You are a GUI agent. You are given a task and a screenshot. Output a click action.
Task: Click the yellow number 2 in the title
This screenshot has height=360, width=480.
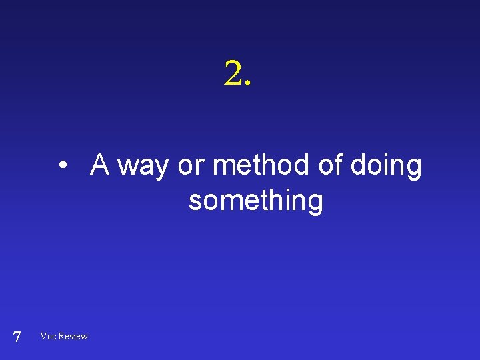pyautogui.click(x=234, y=73)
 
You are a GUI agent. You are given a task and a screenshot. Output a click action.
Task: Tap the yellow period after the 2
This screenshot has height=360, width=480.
pyautogui.click(x=249, y=85)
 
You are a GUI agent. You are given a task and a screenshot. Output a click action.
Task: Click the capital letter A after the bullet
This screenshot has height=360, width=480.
pyautogui.click(x=101, y=165)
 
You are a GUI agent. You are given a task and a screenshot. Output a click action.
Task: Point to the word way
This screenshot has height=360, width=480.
pyautogui.click(x=143, y=167)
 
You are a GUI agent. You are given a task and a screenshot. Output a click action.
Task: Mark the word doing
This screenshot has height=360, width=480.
pyautogui.click(x=386, y=167)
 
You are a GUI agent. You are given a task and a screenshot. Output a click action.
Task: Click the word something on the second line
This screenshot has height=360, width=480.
pyautogui.click(x=256, y=201)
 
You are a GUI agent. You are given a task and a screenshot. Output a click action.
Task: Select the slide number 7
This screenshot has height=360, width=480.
pyautogui.click(x=17, y=337)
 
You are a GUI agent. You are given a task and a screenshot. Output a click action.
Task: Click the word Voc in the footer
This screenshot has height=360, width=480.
pyautogui.click(x=48, y=336)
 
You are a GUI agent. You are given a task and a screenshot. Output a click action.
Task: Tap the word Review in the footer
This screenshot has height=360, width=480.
pyautogui.click(x=73, y=336)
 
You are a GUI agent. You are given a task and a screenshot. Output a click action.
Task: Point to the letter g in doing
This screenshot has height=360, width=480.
pyautogui.click(x=414, y=169)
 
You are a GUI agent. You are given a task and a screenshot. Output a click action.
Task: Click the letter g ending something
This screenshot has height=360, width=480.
pyautogui.click(x=315, y=204)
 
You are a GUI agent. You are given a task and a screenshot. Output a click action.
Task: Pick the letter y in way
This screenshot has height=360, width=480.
pyautogui.click(x=160, y=169)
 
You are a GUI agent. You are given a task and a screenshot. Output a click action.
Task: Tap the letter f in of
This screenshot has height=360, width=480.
pyautogui.click(x=339, y=164)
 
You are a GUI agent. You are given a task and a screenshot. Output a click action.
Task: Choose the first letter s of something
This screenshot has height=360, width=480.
pyautogui.click(x=195, y=202)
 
